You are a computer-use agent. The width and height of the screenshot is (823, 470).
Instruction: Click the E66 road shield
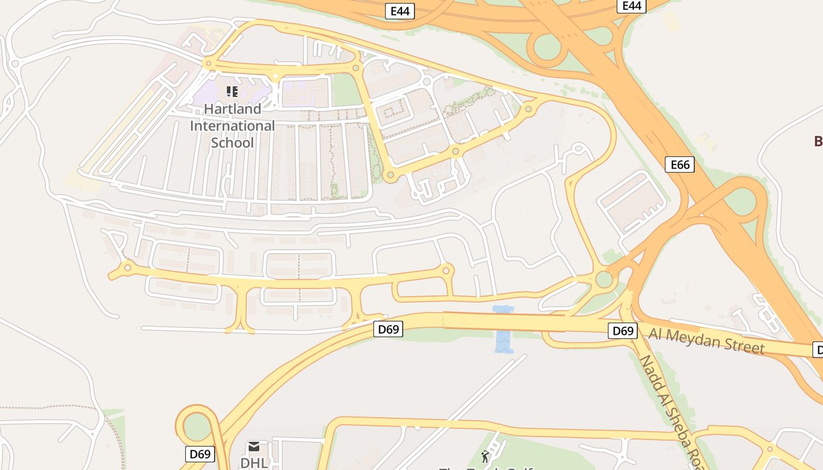680,164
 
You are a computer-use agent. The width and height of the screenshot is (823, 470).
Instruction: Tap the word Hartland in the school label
232,109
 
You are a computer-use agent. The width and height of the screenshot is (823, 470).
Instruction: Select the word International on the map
232,126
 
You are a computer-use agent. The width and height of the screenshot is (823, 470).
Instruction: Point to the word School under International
232,143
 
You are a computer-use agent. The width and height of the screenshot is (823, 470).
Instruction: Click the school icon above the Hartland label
232,92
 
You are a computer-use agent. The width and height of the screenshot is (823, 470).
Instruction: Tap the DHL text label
254,462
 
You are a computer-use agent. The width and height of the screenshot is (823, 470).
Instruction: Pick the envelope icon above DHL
254,446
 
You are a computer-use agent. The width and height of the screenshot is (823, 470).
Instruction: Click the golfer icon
485,456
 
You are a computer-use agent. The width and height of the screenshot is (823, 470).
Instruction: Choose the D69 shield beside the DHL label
200,454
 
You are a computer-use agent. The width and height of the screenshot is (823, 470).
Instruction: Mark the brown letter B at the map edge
818,141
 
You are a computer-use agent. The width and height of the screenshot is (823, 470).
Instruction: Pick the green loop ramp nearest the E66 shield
742,202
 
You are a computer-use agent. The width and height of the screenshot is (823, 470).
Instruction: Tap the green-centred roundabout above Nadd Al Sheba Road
604,279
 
